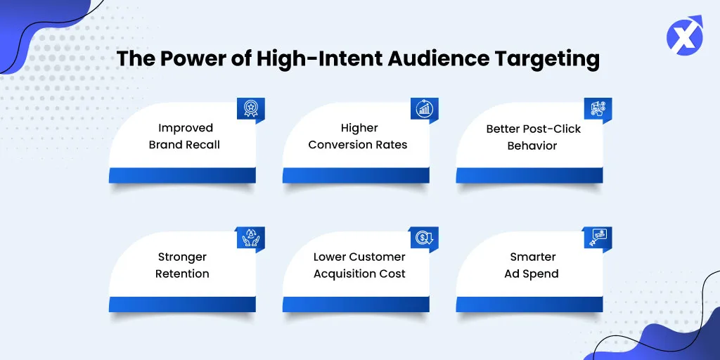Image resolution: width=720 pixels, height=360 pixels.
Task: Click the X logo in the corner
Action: coord(684,35)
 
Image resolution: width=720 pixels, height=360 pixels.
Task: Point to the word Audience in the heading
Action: coord(445,60)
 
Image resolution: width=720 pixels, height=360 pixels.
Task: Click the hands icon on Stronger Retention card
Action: coord(251,238)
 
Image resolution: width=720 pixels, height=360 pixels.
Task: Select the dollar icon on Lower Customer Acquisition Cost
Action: coord(424,238)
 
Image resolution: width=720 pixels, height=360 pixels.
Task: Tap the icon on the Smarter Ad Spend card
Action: coord(598,238)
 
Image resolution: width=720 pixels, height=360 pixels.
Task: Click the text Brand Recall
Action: coord(184,145)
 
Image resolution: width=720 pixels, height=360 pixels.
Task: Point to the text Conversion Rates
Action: coord(358,145)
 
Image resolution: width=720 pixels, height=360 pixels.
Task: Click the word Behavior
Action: coord(532,146)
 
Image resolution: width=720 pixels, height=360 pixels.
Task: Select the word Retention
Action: coord(182,274)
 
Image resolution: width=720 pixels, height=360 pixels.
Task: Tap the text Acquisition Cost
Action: coord(359,274)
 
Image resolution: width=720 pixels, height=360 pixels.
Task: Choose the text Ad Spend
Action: coord(532,274)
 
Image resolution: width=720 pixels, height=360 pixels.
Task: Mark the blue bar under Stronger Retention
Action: coord(182,304)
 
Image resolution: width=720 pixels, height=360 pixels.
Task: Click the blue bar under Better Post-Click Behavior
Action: coord(529,175)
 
